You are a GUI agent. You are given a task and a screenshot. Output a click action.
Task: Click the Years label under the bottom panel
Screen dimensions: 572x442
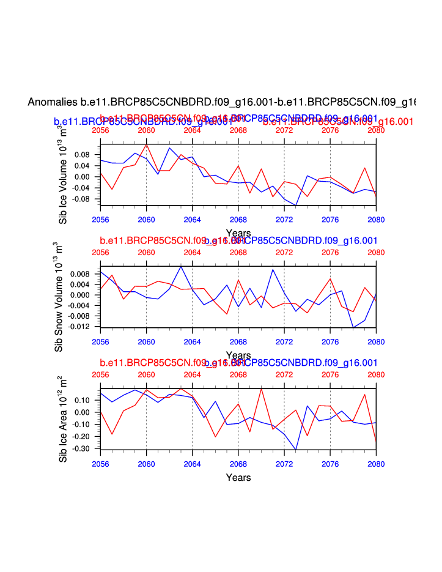click(238, 477)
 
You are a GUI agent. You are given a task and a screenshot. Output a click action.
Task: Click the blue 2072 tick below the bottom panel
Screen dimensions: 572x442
click(284, 463)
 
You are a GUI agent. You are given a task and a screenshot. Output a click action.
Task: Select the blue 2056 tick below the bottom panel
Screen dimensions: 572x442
click(100, 463)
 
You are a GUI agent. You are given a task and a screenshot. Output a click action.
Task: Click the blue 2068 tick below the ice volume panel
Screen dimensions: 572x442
click(238, 219)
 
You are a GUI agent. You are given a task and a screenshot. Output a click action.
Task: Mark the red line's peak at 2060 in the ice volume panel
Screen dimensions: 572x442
click(146, 144)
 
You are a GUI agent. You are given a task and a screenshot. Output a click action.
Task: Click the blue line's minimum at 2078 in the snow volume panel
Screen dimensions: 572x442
click(353, 328)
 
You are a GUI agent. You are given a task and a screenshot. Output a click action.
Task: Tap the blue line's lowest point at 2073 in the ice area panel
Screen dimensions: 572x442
click(296, 450)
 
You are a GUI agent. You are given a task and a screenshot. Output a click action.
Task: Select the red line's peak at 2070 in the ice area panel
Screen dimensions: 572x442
click(261, 389)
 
